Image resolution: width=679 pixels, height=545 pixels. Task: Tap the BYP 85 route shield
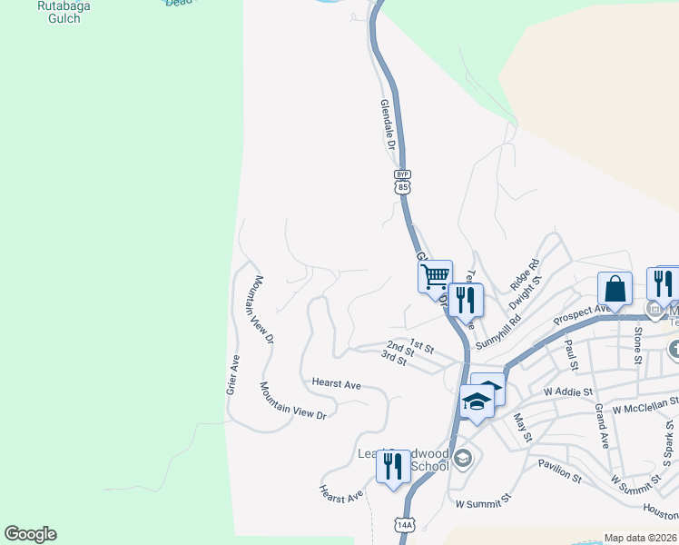[403, 183]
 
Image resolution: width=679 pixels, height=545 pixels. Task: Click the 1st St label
[422, 345]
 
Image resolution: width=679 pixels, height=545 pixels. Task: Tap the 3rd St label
[393, 359]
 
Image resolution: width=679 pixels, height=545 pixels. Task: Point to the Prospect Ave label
[579, 314]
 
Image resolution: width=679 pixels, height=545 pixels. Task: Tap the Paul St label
[571, 350]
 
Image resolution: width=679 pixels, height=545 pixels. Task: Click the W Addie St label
[567, 391]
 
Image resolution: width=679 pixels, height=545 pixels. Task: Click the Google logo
[30, 534]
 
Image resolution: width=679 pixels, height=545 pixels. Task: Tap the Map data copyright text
[640, 538]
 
